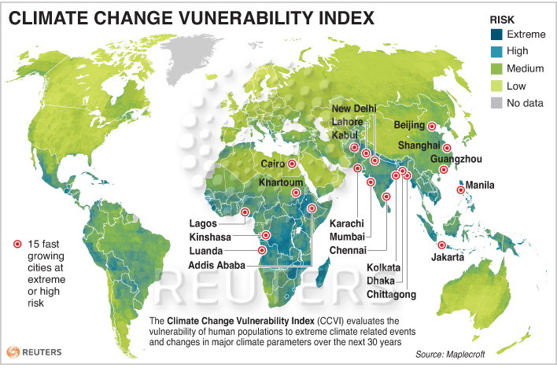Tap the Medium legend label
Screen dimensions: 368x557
tap(528, 68)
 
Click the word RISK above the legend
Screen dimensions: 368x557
tap(504, 17)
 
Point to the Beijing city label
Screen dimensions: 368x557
tap(409, 126)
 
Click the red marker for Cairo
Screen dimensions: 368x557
tap(292, 164)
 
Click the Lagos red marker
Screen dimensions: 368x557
tap(249, 212)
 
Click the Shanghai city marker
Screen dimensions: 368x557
tap(447, 147)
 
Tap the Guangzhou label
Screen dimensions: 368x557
tap(456, 159)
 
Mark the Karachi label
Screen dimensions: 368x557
tap(346, 224)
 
